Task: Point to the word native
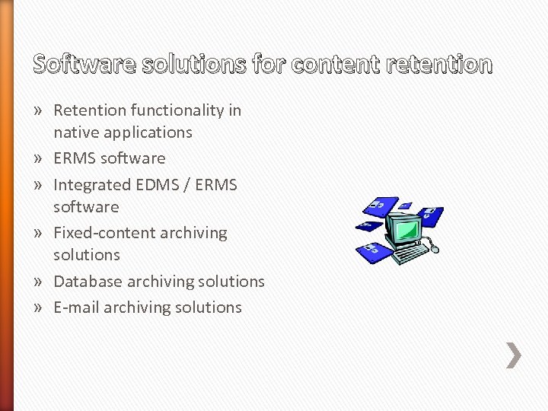click(75, 132)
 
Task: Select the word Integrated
click(91, 185)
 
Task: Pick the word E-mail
click(76, 307)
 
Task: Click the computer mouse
click(435, 247)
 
